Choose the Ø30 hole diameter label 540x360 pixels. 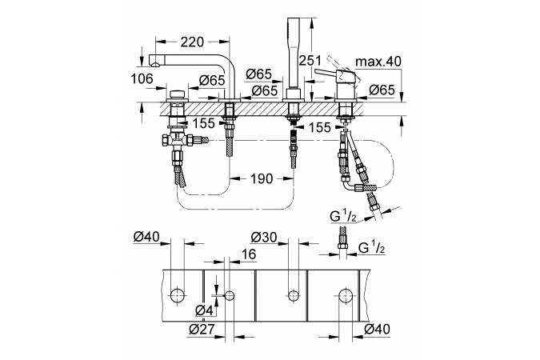[263, 238]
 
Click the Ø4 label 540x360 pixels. [204, 310]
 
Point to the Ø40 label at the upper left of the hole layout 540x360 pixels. [147, 238]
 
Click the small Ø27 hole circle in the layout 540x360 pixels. [230, 295]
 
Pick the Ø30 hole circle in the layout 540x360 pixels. [291, 295]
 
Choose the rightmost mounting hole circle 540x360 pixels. [346, 295]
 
